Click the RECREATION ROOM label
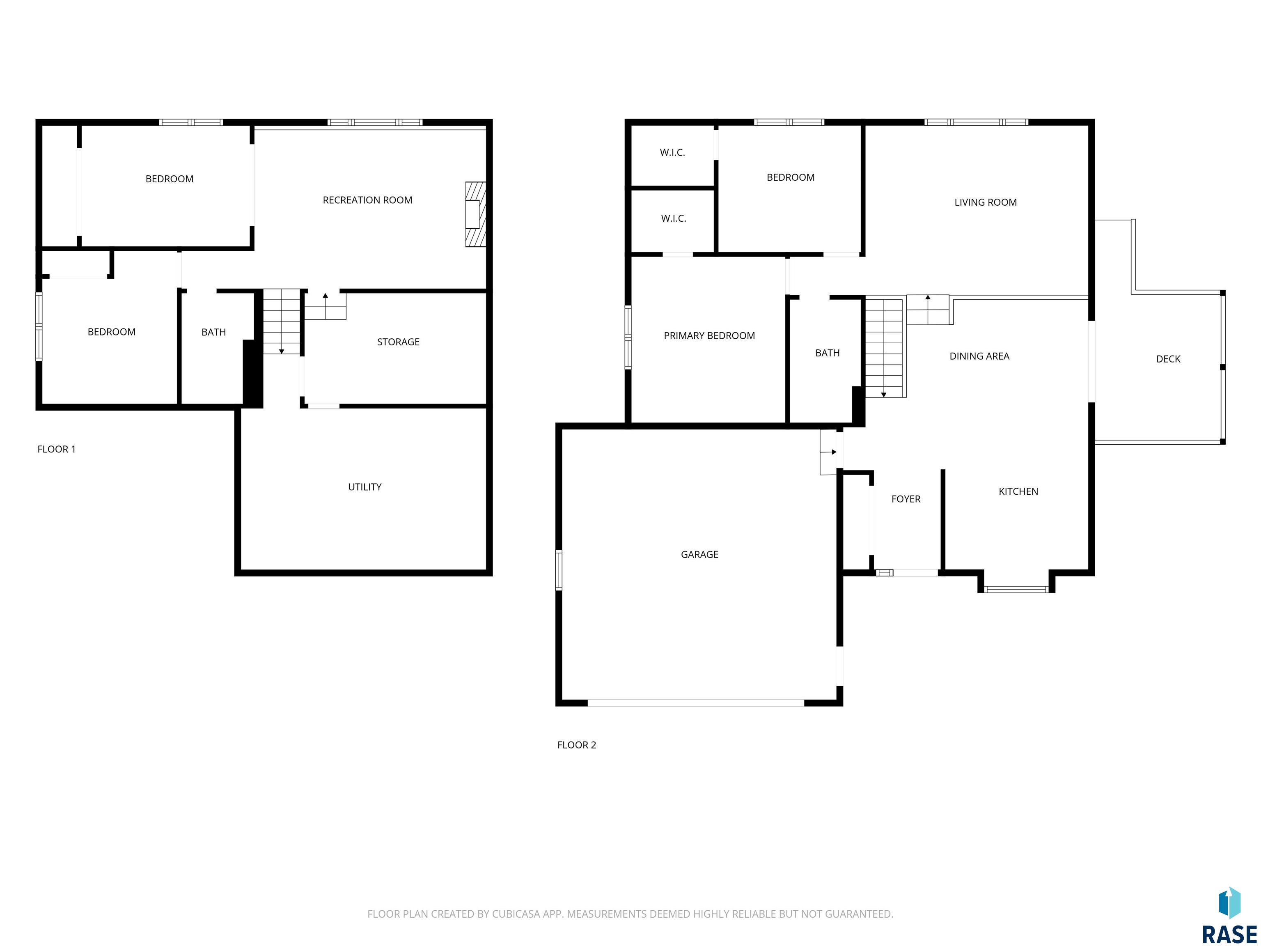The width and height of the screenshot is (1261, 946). click(367, 200)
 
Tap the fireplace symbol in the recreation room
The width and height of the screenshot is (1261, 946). click(475, 214)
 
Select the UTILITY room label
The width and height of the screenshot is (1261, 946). click(365, 487)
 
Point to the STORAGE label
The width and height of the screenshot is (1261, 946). click(398, 342)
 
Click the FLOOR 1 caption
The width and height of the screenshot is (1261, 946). click(56, 449)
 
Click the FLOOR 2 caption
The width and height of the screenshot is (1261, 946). click(576, 745)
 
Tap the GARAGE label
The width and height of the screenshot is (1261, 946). click(699, 554)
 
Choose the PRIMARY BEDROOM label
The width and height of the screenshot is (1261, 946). click(709, 336)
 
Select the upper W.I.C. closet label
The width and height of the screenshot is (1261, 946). click(673, 153)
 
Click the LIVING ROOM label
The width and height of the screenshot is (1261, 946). click(986, 202)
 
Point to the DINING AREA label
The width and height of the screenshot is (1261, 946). click(979, 356)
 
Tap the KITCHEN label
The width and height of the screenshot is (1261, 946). click(1018, 491)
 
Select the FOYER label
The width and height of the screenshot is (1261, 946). click(906, 499)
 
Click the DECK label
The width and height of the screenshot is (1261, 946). click(1168, 359)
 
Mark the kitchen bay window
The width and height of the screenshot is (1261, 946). click(1016, 590)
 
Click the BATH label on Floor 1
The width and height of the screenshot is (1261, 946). click(214, 333)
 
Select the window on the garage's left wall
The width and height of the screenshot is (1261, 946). click(559, 569)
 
